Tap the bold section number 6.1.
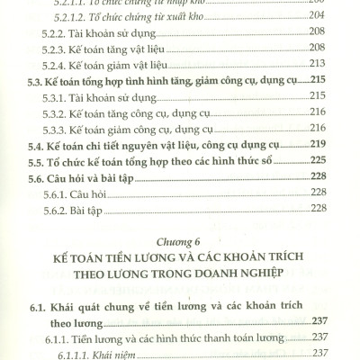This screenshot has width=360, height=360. (35, 304)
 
